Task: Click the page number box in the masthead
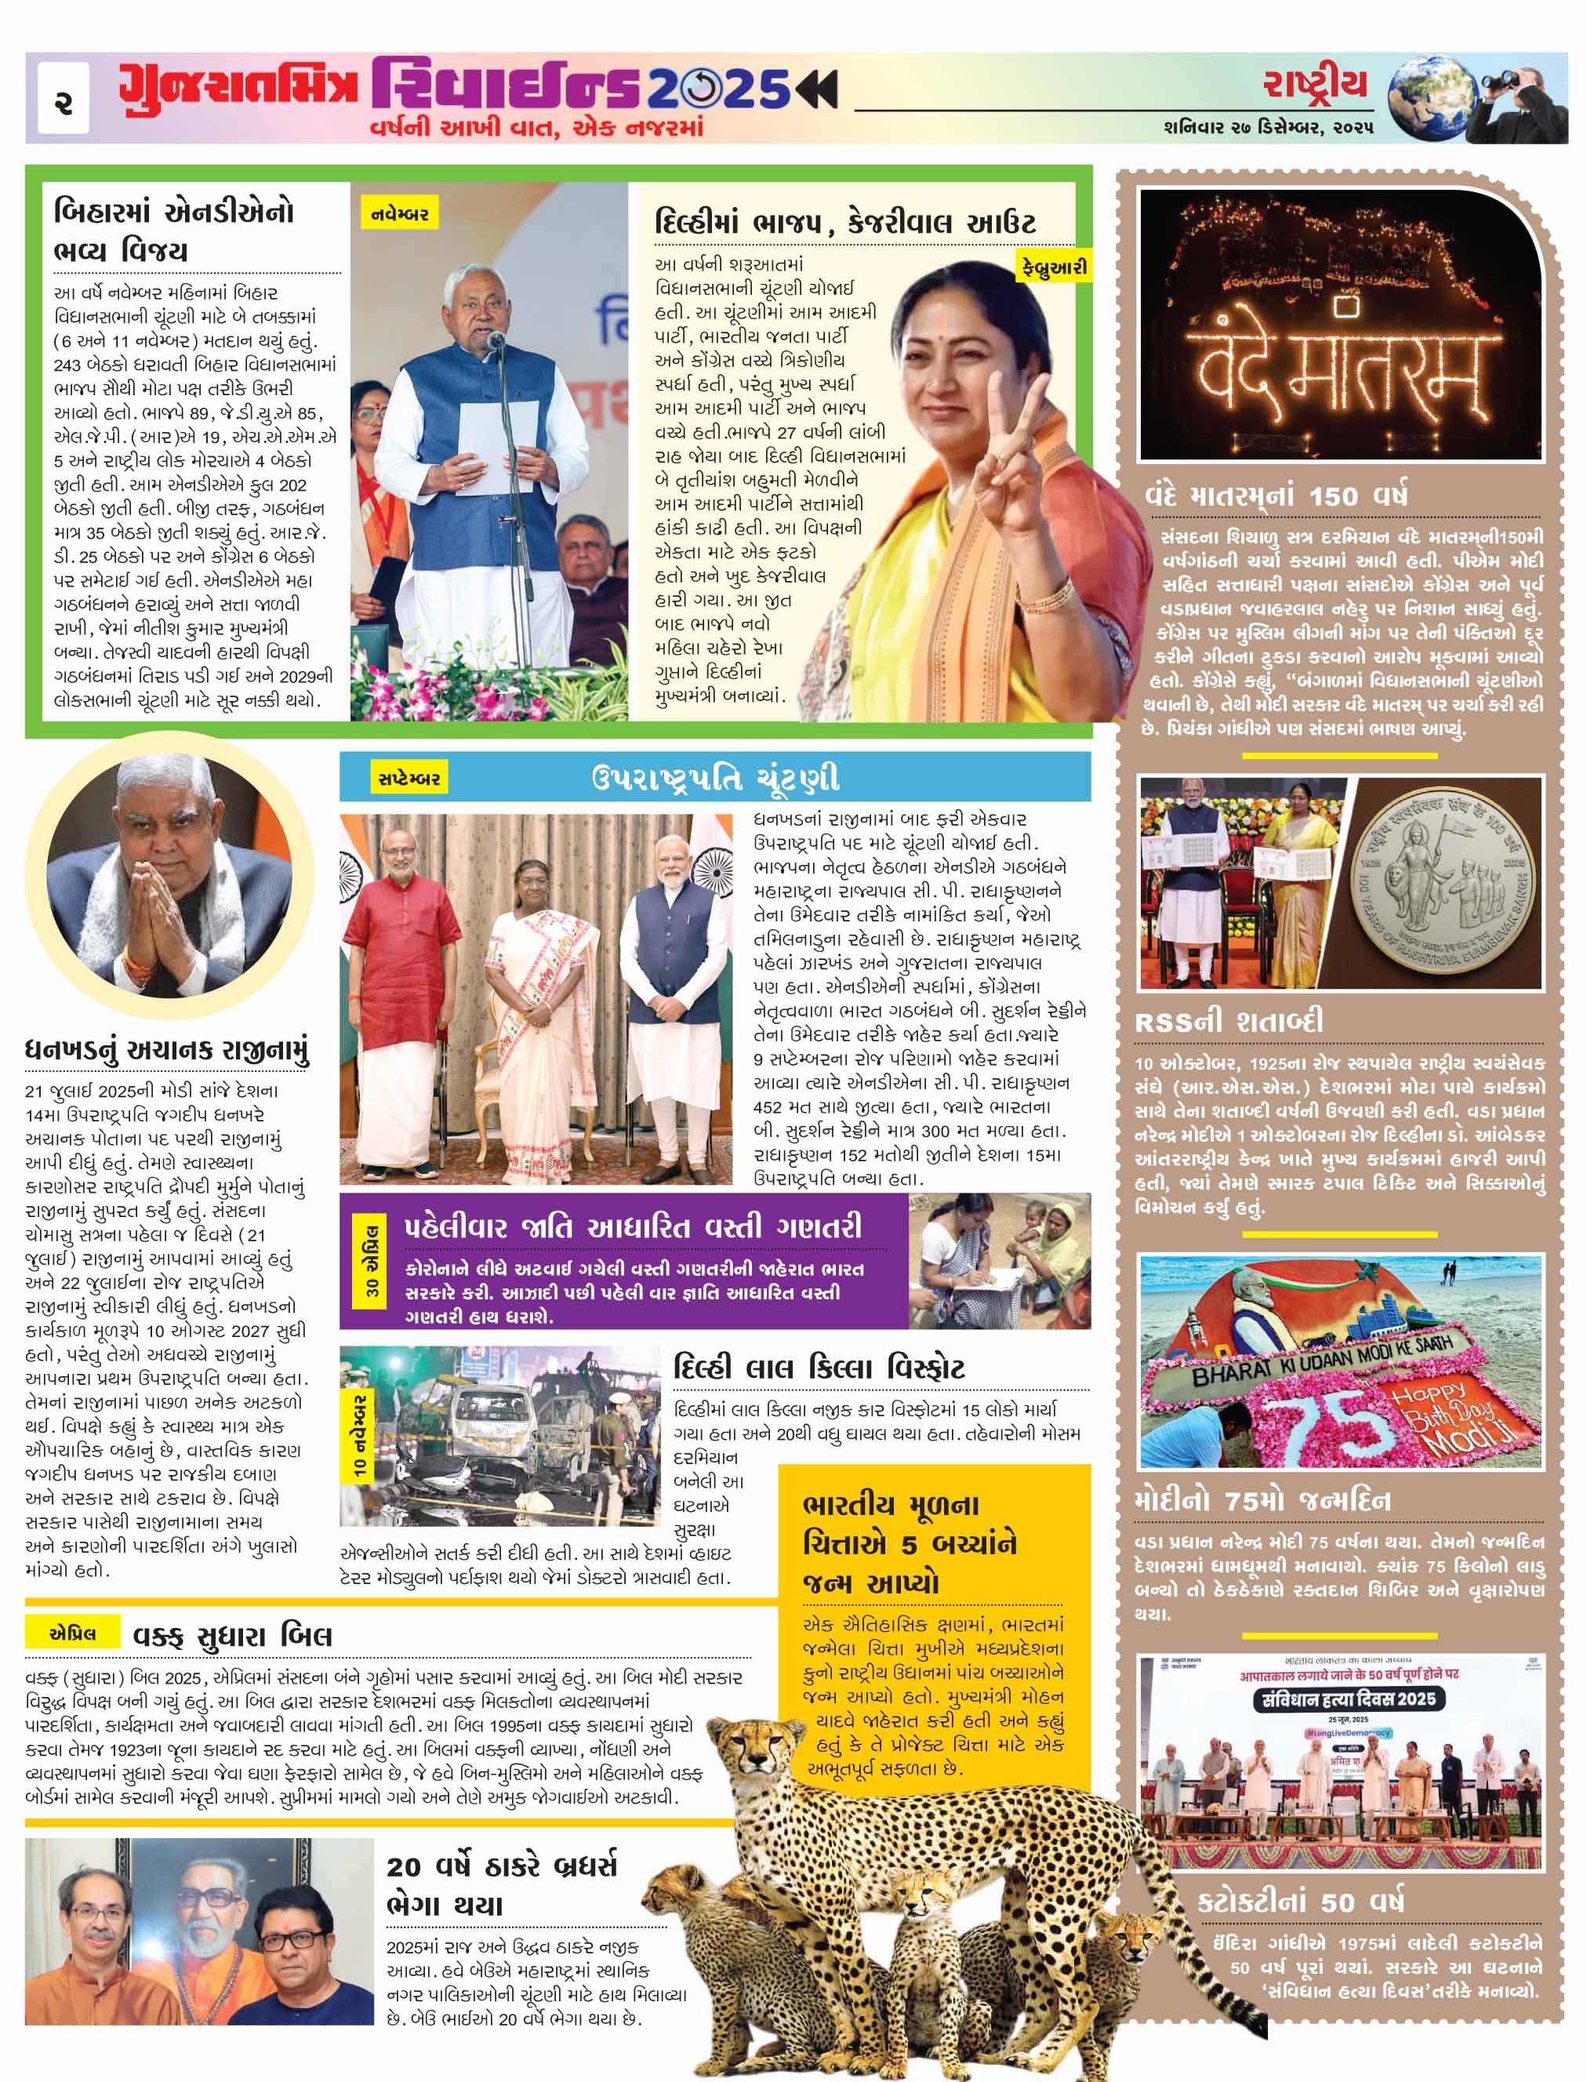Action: tap(64, 98)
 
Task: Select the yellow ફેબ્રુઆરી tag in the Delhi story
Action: tap(1052, 267)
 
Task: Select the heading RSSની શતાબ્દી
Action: tap(1228, 1021)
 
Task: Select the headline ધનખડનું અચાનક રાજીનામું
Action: tap(167, 1051)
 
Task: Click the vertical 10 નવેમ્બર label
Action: tap(360, 1435)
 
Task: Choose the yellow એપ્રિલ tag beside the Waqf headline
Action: tap(72, 1633)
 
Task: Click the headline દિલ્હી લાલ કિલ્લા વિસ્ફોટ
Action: tap(819, 1368)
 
